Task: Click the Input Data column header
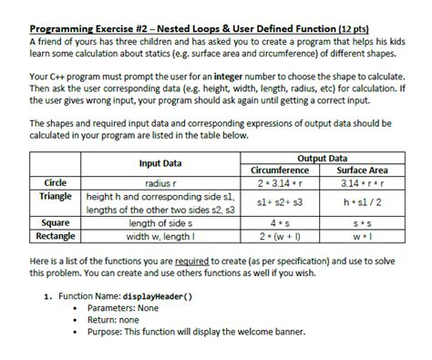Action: [160, 163]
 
